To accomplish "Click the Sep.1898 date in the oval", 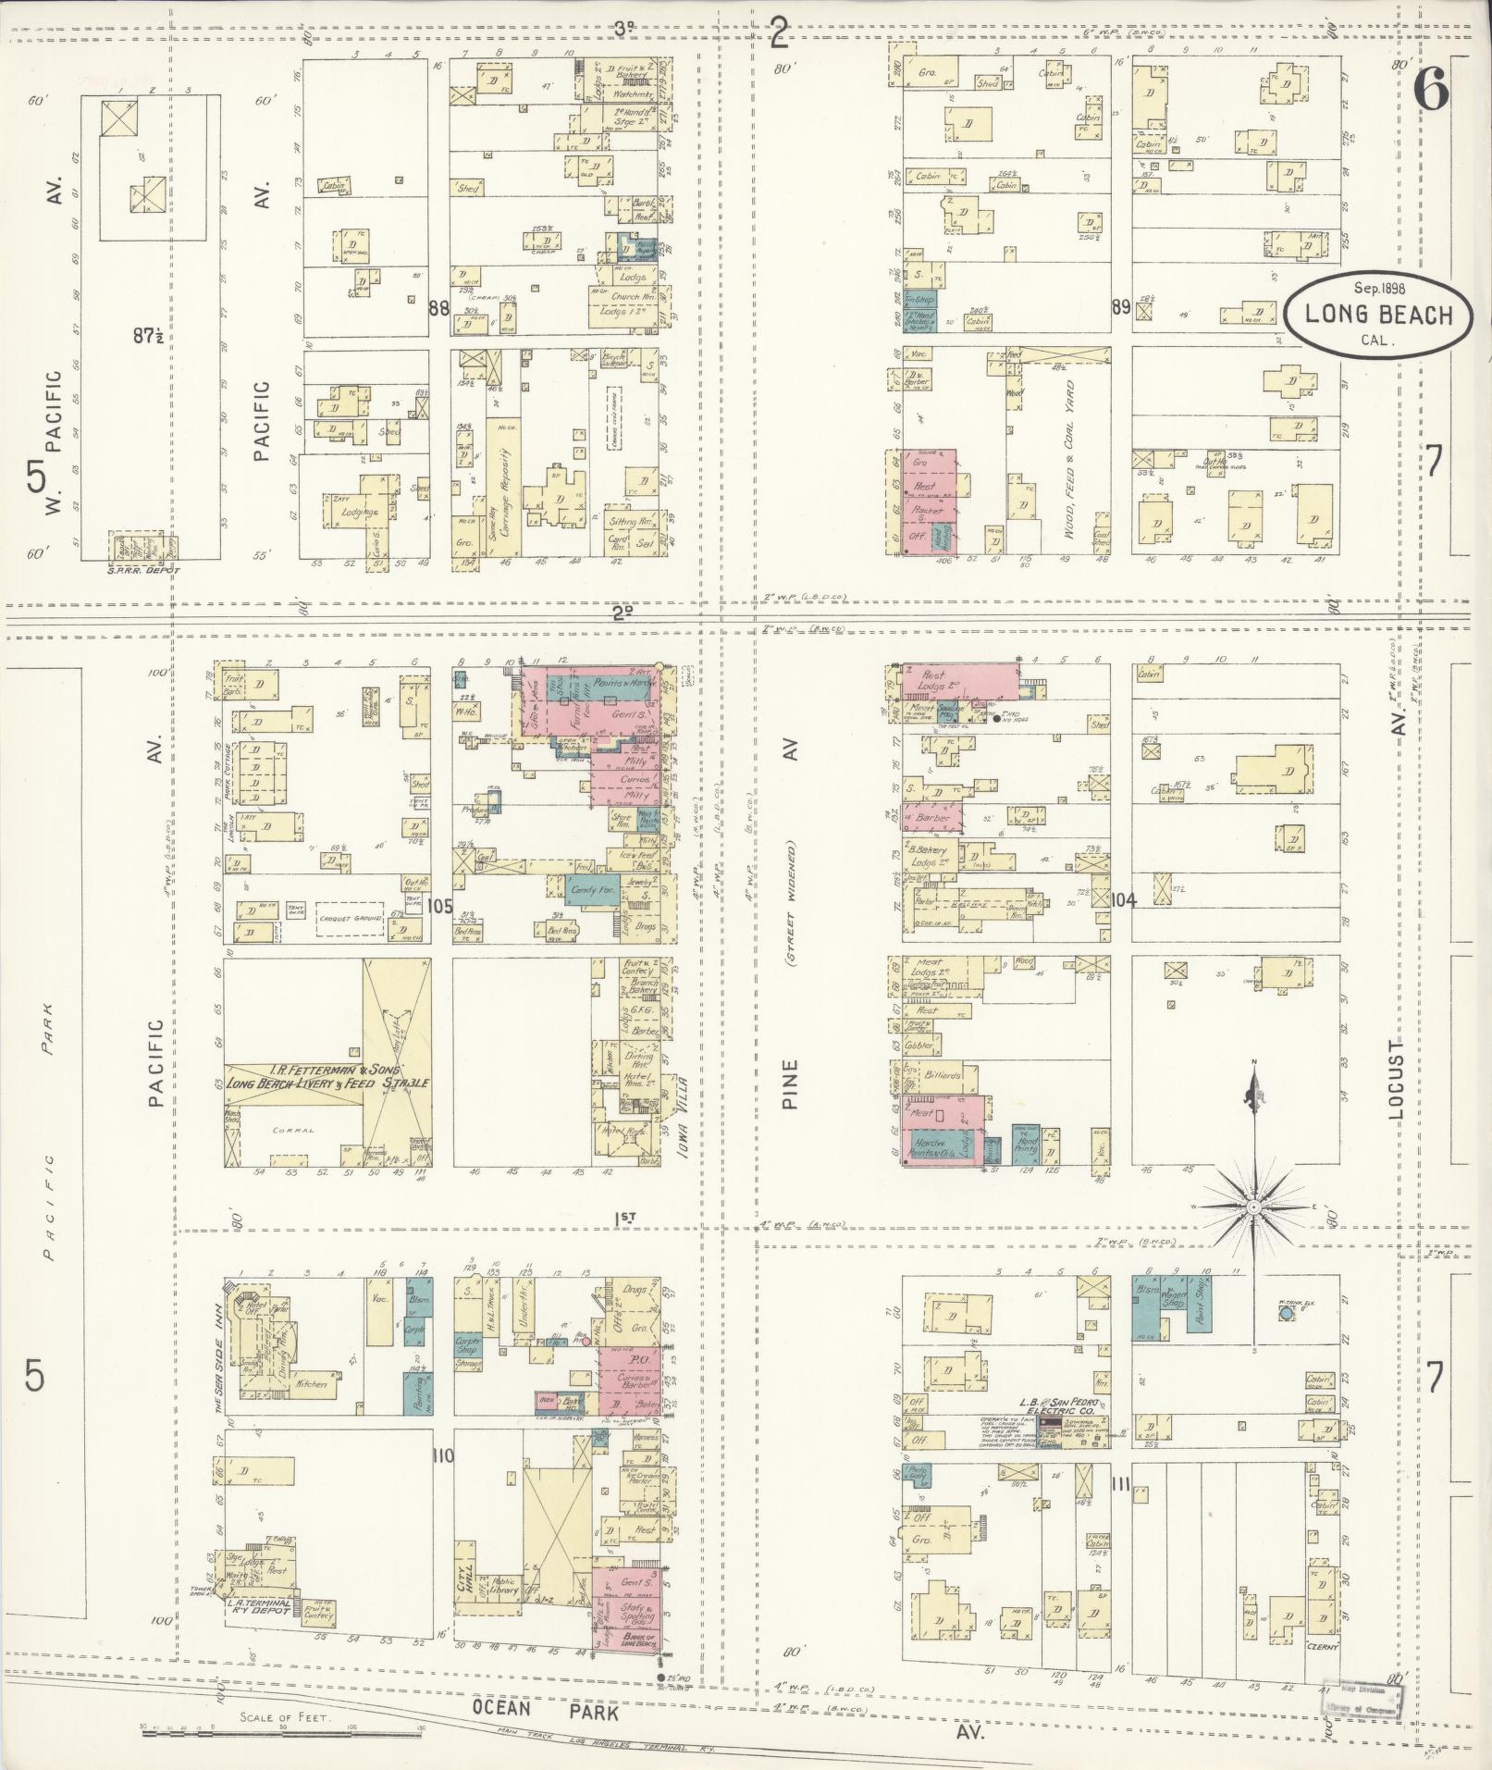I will pos(1367,288).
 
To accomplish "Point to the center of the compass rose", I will pos(1253,1207).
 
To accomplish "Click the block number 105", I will pos(440,906).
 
